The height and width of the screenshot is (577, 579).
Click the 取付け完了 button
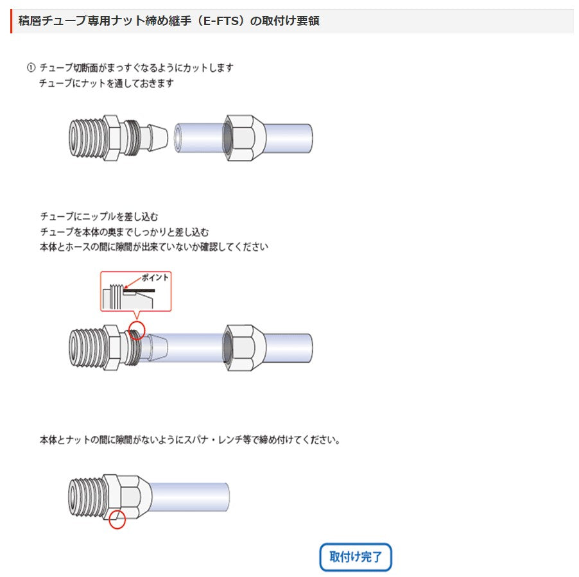[356, 557]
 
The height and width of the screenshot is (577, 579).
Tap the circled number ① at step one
[30, 67]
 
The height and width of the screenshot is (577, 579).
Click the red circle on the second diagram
[137, 331]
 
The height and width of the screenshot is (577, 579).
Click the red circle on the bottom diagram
[116, 519]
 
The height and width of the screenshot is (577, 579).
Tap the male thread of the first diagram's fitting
[84, 137]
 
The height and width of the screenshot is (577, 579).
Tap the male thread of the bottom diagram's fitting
[84, 497]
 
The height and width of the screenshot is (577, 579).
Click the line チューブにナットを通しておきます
[107, 83]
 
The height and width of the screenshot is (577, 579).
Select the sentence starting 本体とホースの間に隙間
[153, 246]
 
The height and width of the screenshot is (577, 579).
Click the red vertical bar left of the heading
[12, 21]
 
